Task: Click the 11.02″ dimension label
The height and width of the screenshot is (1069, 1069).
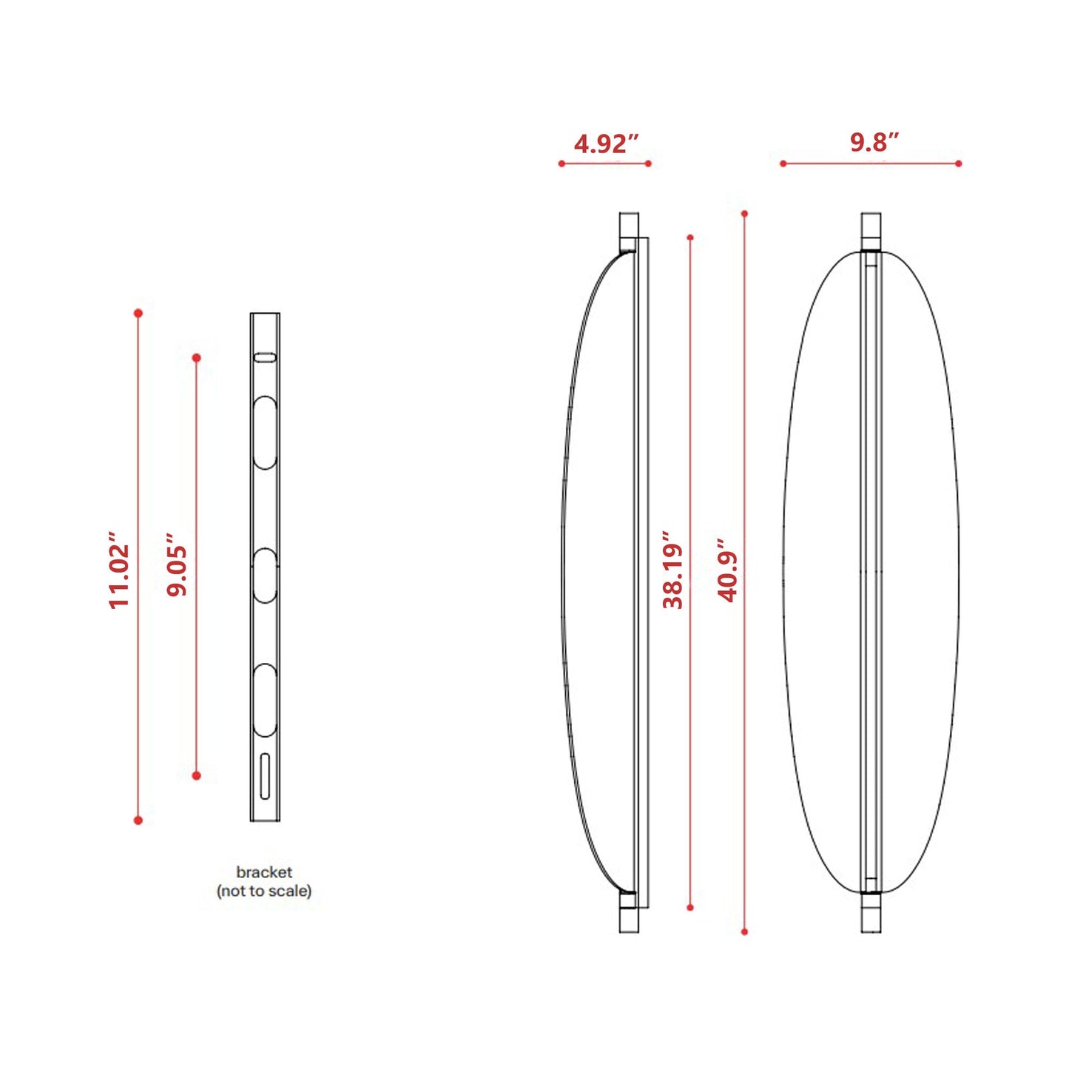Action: click(x=119, y=570)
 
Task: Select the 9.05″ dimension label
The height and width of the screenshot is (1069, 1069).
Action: click(x=177, y=564)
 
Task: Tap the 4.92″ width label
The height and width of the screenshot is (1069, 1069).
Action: click(x=605, y=144)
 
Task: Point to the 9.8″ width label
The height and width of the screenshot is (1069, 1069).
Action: click(x=874, y=142)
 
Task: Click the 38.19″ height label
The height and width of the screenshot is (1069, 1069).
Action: click(x=672, y=570)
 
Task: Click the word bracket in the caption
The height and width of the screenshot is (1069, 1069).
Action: click(x=264, y=872)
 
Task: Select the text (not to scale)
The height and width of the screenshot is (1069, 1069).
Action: click(x=264, y=891)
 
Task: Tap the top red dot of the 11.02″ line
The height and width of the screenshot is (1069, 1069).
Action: click(x=138, y=314)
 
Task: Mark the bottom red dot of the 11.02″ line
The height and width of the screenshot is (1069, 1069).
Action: click(x=138, y=820)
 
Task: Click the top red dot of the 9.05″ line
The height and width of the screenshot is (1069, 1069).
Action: click(x=196, y=358)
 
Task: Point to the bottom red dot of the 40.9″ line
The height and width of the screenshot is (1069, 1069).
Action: click(x=744, y=931)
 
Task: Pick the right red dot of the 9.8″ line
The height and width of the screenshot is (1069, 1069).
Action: click(x=958, y=163)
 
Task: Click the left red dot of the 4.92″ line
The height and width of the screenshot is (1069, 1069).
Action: click(x=562, y=163)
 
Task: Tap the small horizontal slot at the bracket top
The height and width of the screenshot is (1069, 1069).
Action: click(x=265, y=358)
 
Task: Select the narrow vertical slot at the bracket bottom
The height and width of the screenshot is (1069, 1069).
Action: click(x=265, y=776)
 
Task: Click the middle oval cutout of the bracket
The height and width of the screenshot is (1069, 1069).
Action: click(x=265, y=576)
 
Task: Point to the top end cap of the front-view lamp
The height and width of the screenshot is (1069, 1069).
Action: click(x=871, y=231)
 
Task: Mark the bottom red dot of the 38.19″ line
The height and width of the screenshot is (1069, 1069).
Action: click(x=690, y=907)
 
